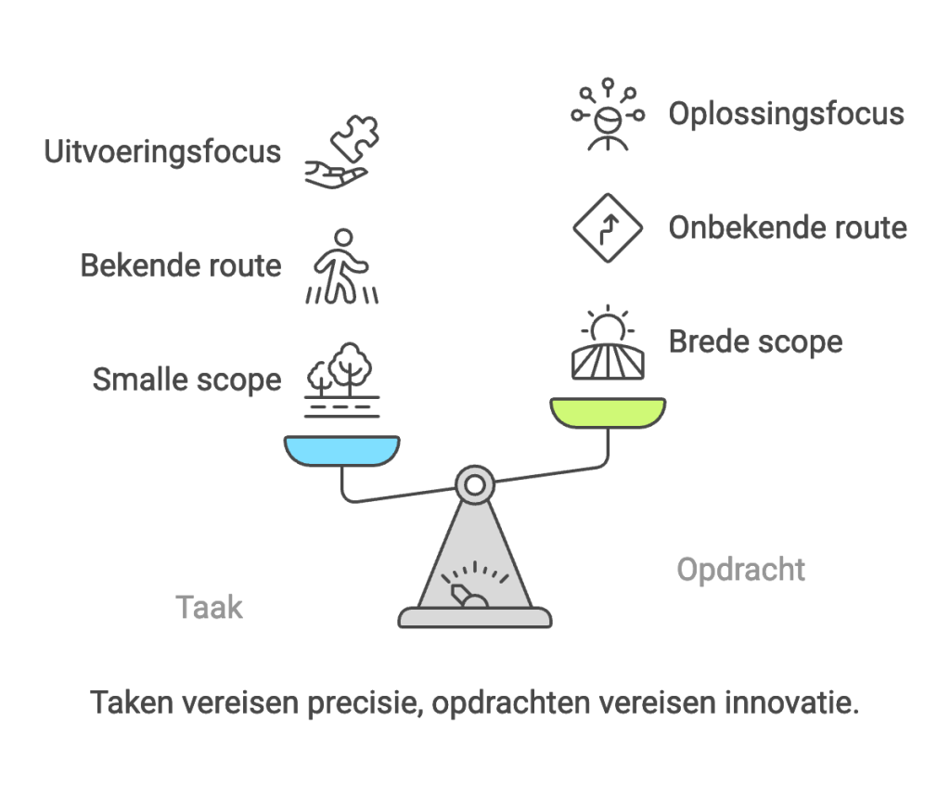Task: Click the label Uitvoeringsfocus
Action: click(x=162, y=151)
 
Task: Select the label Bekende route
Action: click(x=180, y=265)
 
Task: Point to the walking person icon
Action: click(x=341, y=266)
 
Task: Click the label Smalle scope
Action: click(x=186, y=379)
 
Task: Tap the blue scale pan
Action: click(x=341, y=449)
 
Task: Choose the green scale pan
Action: click(x=608, y=412)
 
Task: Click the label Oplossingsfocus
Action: click(x=786, y=113)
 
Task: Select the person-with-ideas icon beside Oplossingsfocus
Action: click(x=608, y=116)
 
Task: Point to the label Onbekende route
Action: click(x=788, y=227)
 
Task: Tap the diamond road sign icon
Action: click(x=608, y=228)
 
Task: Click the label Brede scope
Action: click(x=755, y=341)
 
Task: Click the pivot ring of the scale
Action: click(x=474, y=483)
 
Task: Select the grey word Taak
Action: click(x=209, y=608)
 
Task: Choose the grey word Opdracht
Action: click(x=740, y=569)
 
